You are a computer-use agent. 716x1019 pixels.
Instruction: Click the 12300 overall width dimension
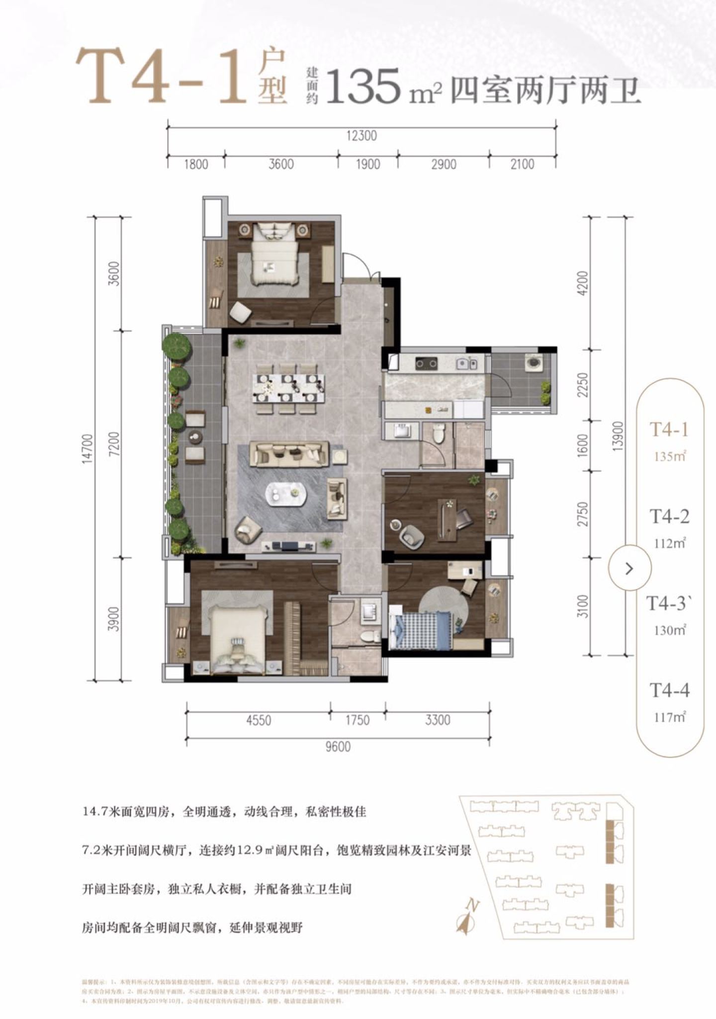click(361, 136)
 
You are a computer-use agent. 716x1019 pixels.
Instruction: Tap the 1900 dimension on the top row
click(368, 164)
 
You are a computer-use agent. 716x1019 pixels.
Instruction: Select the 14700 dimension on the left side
click(87, 449)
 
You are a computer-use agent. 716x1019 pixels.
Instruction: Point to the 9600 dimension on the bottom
click(338, 747)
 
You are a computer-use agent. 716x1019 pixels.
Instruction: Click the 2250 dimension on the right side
click(583, 385)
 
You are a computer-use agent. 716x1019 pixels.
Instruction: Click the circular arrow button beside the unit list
click(629, 568)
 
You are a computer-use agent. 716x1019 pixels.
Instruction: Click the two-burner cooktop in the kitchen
click(426, 364)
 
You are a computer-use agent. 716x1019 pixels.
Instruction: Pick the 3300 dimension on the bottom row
click(437, 720)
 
